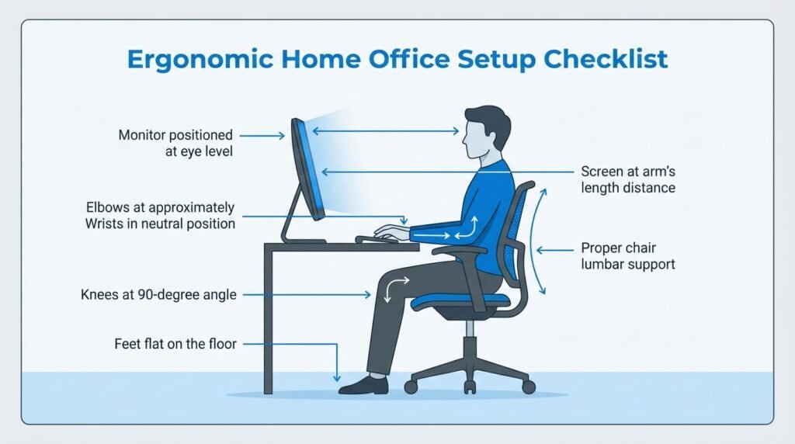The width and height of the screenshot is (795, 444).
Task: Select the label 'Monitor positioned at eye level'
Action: (175, 144)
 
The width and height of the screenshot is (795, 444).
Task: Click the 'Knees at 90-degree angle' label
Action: (158, 294)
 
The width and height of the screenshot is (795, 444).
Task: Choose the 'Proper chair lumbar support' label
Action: (627, 256)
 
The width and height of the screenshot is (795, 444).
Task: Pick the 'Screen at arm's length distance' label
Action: (627, 179)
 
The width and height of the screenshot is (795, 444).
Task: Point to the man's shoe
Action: (363, 384)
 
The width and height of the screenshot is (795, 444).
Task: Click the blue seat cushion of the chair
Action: (458, 300)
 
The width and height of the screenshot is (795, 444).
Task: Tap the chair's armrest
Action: (459, 250)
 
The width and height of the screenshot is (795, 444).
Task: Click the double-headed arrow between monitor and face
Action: (385, 132)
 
